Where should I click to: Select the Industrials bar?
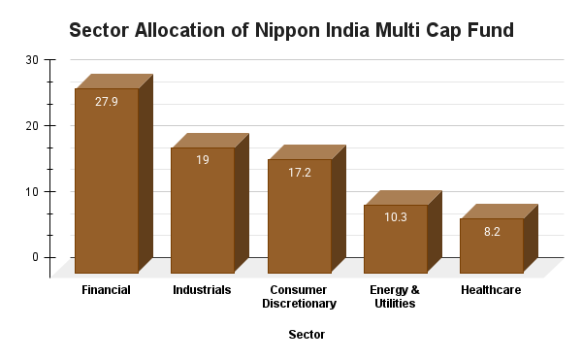pyautogui.click(x=203, y=213)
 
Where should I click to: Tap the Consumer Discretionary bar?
pyautogui.click(x=299, y=218)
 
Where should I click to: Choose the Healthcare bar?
pyautogui.click(x=491, y=247)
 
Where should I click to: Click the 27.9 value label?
pyautogui.click(x=107, y=101)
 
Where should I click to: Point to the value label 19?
pyautogui.click(x=203, y=160)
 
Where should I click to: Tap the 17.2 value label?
pyautogui.click(x=299, y=172)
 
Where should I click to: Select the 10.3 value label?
pyautogui.click(x=395, y=217)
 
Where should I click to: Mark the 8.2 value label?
pyautogui.click(x=491, y=231)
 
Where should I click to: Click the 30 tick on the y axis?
pyautogui.click(x=32, y=60)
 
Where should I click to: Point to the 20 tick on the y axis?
pyautogui.click(x=32, y=126)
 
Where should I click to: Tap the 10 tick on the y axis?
pyautogui.click(x=32, y=192)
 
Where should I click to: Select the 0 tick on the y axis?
pyautogui.click(x=35, y=257)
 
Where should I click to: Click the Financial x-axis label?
pyautogui.click(x=107, y=290)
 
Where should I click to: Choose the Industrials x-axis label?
pyautogui.click(x=202, y=290)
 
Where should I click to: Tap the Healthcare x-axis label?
pyautogui.click(x=491, y=290)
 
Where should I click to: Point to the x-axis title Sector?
pyautogui.click(x=307, y=335)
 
